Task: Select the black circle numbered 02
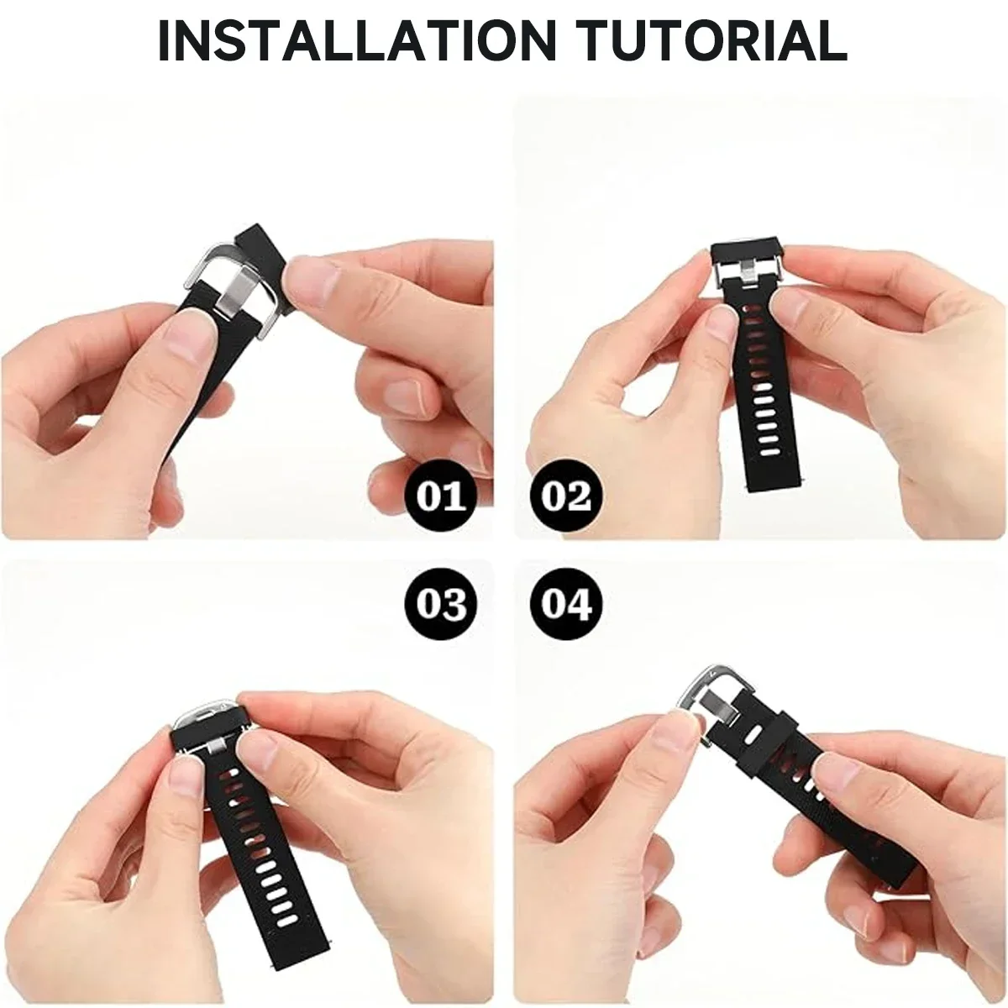(x=566, y=496)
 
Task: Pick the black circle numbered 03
(x=441, y=603)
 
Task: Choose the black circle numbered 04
(x=566, y=603)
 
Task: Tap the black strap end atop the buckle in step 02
(x=747, y=250)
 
